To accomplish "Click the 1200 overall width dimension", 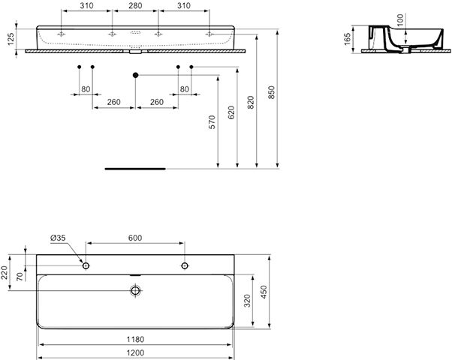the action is coord(135,352).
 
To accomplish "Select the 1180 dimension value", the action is coord(135,340).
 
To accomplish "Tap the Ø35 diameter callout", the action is coord(58,238).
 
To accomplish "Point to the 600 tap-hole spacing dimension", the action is coord(135,238).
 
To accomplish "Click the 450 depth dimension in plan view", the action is coord(264,292).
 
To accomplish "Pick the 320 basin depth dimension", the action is coord(248,301).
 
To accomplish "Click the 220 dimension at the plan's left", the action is coord(5,272).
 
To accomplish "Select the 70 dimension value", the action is coord(20,277).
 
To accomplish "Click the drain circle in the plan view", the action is coord(135,290).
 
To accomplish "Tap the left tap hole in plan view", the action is coord(86,265).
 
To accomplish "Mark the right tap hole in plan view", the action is coord(185,265).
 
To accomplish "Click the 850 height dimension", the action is coord(272,92).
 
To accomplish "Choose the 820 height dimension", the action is coord(251,102).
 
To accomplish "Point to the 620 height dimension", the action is coord(231,112).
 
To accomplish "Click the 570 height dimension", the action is coord(212,121).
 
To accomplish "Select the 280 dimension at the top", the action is coord(135,5).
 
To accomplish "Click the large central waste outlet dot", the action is coord(135,75).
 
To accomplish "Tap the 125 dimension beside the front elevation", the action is coord(11,39).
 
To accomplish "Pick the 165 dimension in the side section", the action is coord(348,39).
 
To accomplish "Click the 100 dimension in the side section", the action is coord(400,19).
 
